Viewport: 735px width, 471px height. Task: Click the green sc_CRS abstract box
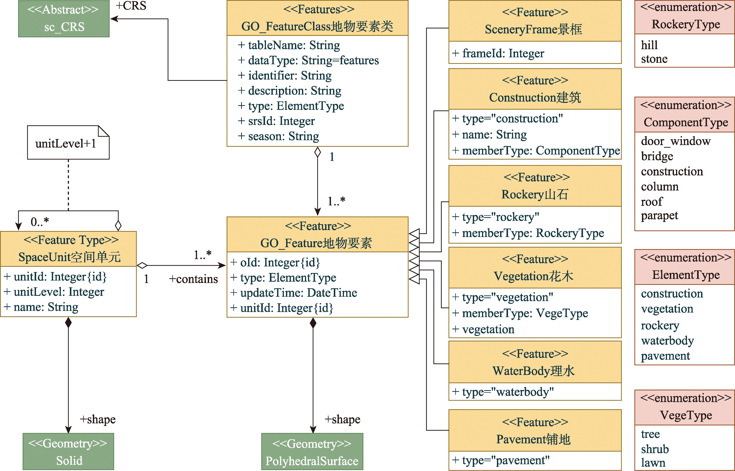[64, 19]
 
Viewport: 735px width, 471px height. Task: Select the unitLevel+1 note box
[68, 142]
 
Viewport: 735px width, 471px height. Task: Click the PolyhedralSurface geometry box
[312, 451]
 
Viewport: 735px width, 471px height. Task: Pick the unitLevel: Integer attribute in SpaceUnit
[54, 292]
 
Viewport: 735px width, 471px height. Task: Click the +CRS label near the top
[131, 6]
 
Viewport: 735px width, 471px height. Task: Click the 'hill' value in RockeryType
[649, 45]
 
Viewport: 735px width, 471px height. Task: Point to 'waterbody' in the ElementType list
[667, 340]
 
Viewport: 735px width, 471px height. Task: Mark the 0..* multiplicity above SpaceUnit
[40, 221]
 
